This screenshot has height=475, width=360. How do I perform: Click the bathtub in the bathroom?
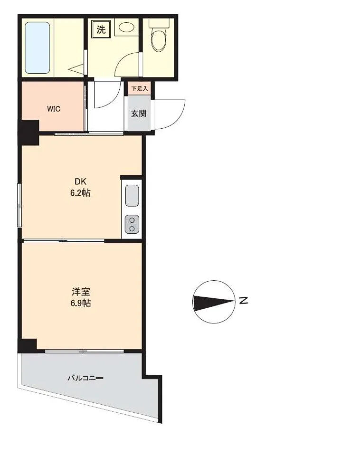coord(37,47)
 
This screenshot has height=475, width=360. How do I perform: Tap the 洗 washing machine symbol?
coord(101,29)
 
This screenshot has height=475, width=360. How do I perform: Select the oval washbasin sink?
coord(127,27)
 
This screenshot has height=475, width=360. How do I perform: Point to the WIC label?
coord(54,109)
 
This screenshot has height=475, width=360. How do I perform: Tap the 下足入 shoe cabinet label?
coord(139,89)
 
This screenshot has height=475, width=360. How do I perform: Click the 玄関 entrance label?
coord(139,114)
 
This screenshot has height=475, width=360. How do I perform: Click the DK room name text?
coord(81,181)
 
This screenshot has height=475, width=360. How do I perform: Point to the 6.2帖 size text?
coord(81,193)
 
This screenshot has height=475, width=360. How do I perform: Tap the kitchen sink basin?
coord(132,195)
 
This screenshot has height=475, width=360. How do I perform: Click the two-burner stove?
coord(132,224)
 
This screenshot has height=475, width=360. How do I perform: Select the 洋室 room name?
coord(81,292)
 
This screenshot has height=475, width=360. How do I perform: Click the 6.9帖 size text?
coord(81,303)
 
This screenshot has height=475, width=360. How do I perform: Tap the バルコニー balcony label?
coord(85,378)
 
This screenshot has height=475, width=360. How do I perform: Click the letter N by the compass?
coord(244,301)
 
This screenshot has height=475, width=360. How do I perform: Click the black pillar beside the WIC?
coord(29,133)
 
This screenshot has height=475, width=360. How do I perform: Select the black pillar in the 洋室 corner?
coord(28,345)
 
